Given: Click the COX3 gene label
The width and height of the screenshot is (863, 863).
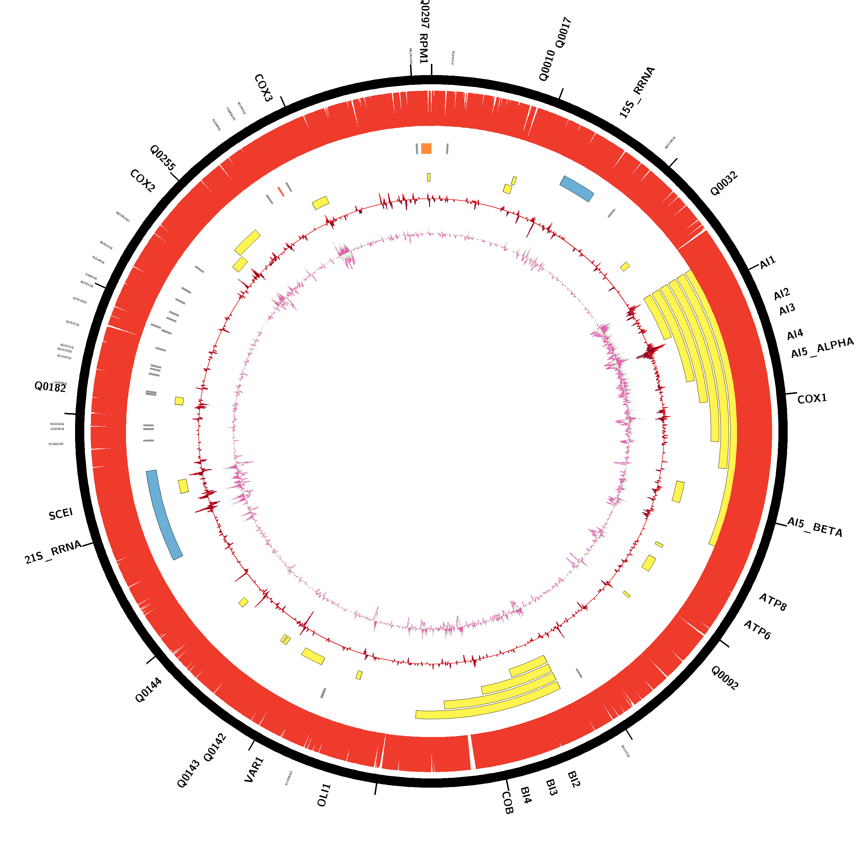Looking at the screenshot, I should [263, 88].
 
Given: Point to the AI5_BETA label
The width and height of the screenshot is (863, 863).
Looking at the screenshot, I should [814, 527].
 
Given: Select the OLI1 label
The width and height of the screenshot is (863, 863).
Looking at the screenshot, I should [324, 795].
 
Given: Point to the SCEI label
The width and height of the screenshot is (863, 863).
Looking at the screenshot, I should [61, 514].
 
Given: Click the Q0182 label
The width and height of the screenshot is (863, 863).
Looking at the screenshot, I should [50, 387].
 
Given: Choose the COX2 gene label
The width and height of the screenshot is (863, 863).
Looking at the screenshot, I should [142, 181].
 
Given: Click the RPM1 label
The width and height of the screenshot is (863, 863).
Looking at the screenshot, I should [423, 48].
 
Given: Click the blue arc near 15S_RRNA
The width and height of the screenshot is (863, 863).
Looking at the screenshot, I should [577, 188].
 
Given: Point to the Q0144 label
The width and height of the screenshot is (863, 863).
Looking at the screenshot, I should [148, 690].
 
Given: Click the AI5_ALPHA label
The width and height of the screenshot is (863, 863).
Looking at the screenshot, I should [822, 348].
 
